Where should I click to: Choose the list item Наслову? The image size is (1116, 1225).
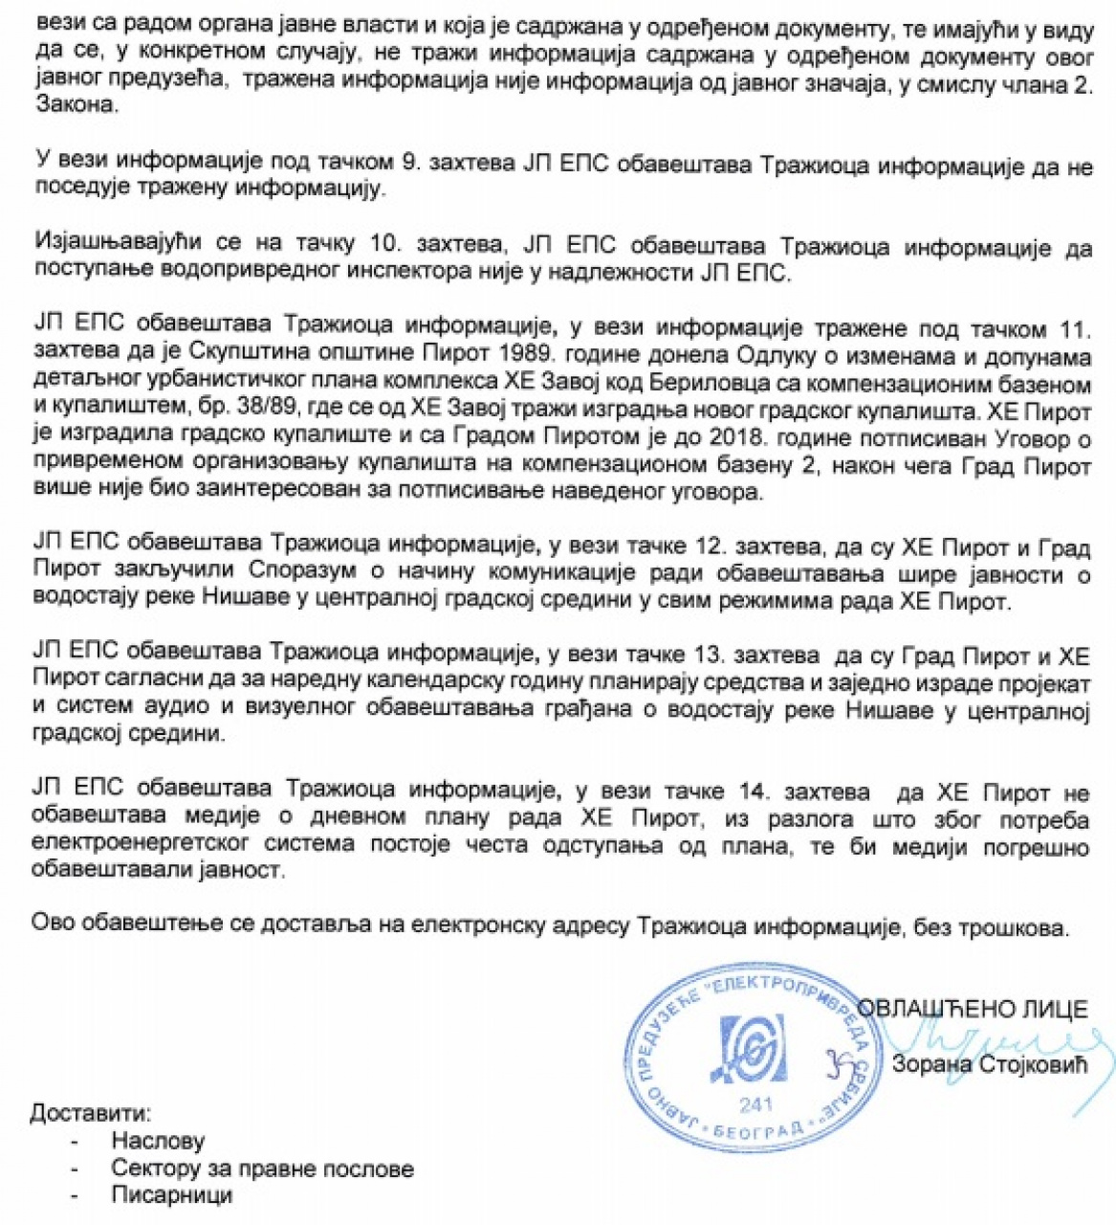[158, 1141]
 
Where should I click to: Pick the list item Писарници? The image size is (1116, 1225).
[171, 1194]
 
